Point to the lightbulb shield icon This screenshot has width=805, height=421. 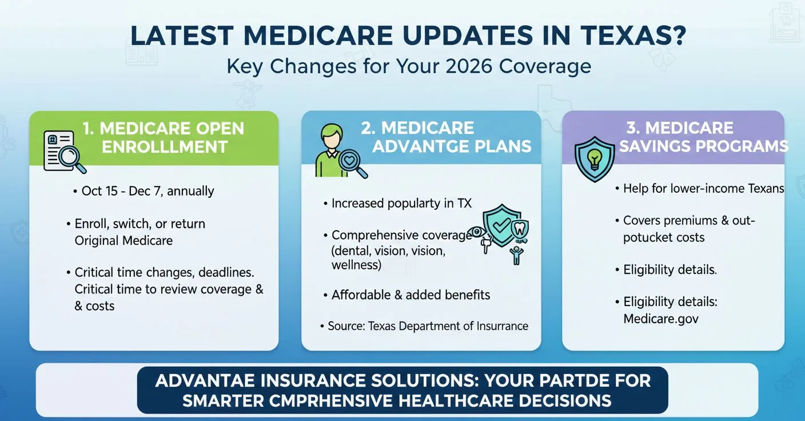595,158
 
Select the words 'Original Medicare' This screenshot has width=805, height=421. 123,240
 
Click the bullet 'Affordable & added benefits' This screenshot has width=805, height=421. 411,295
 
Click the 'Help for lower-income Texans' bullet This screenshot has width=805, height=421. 703,188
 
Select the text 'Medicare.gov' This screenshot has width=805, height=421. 661,319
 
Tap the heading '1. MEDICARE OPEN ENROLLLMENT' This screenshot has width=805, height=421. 163,137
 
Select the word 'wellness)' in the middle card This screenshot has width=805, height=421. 356,265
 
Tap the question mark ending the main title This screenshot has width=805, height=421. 677,35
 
